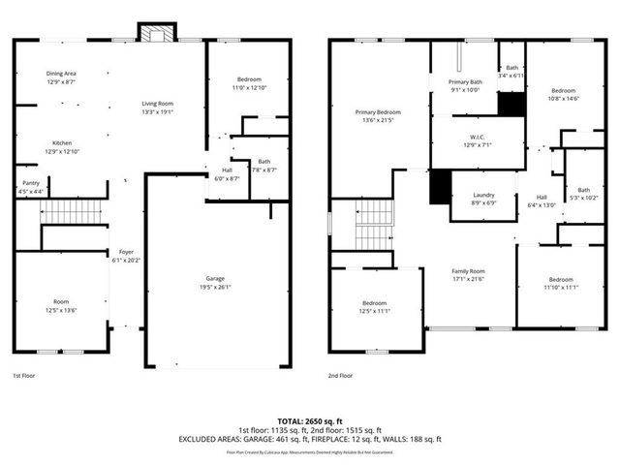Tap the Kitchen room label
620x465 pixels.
point(61,143)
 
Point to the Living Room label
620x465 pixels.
point(157,104)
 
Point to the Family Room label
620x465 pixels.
point(469,271)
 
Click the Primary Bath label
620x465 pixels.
point(464,82)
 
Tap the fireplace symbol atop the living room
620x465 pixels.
point(156,33)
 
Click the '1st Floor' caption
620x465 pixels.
point(23,375)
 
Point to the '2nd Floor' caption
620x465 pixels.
point(340,375)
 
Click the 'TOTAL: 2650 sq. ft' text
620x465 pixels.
point(309,421)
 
